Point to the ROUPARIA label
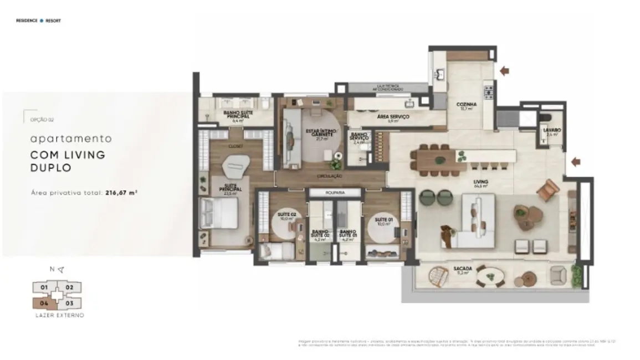pos(334,193)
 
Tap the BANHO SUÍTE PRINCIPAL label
pos(238,114)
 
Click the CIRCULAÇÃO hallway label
pos(330,176)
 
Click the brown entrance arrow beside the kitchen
pos(504,70)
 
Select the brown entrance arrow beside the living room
pos(576,162)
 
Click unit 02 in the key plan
pos(70,287)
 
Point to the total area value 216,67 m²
pos(121,193)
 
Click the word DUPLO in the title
pos(50,167)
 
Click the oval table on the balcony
pos(490,275)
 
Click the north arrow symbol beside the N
pos(61,270)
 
